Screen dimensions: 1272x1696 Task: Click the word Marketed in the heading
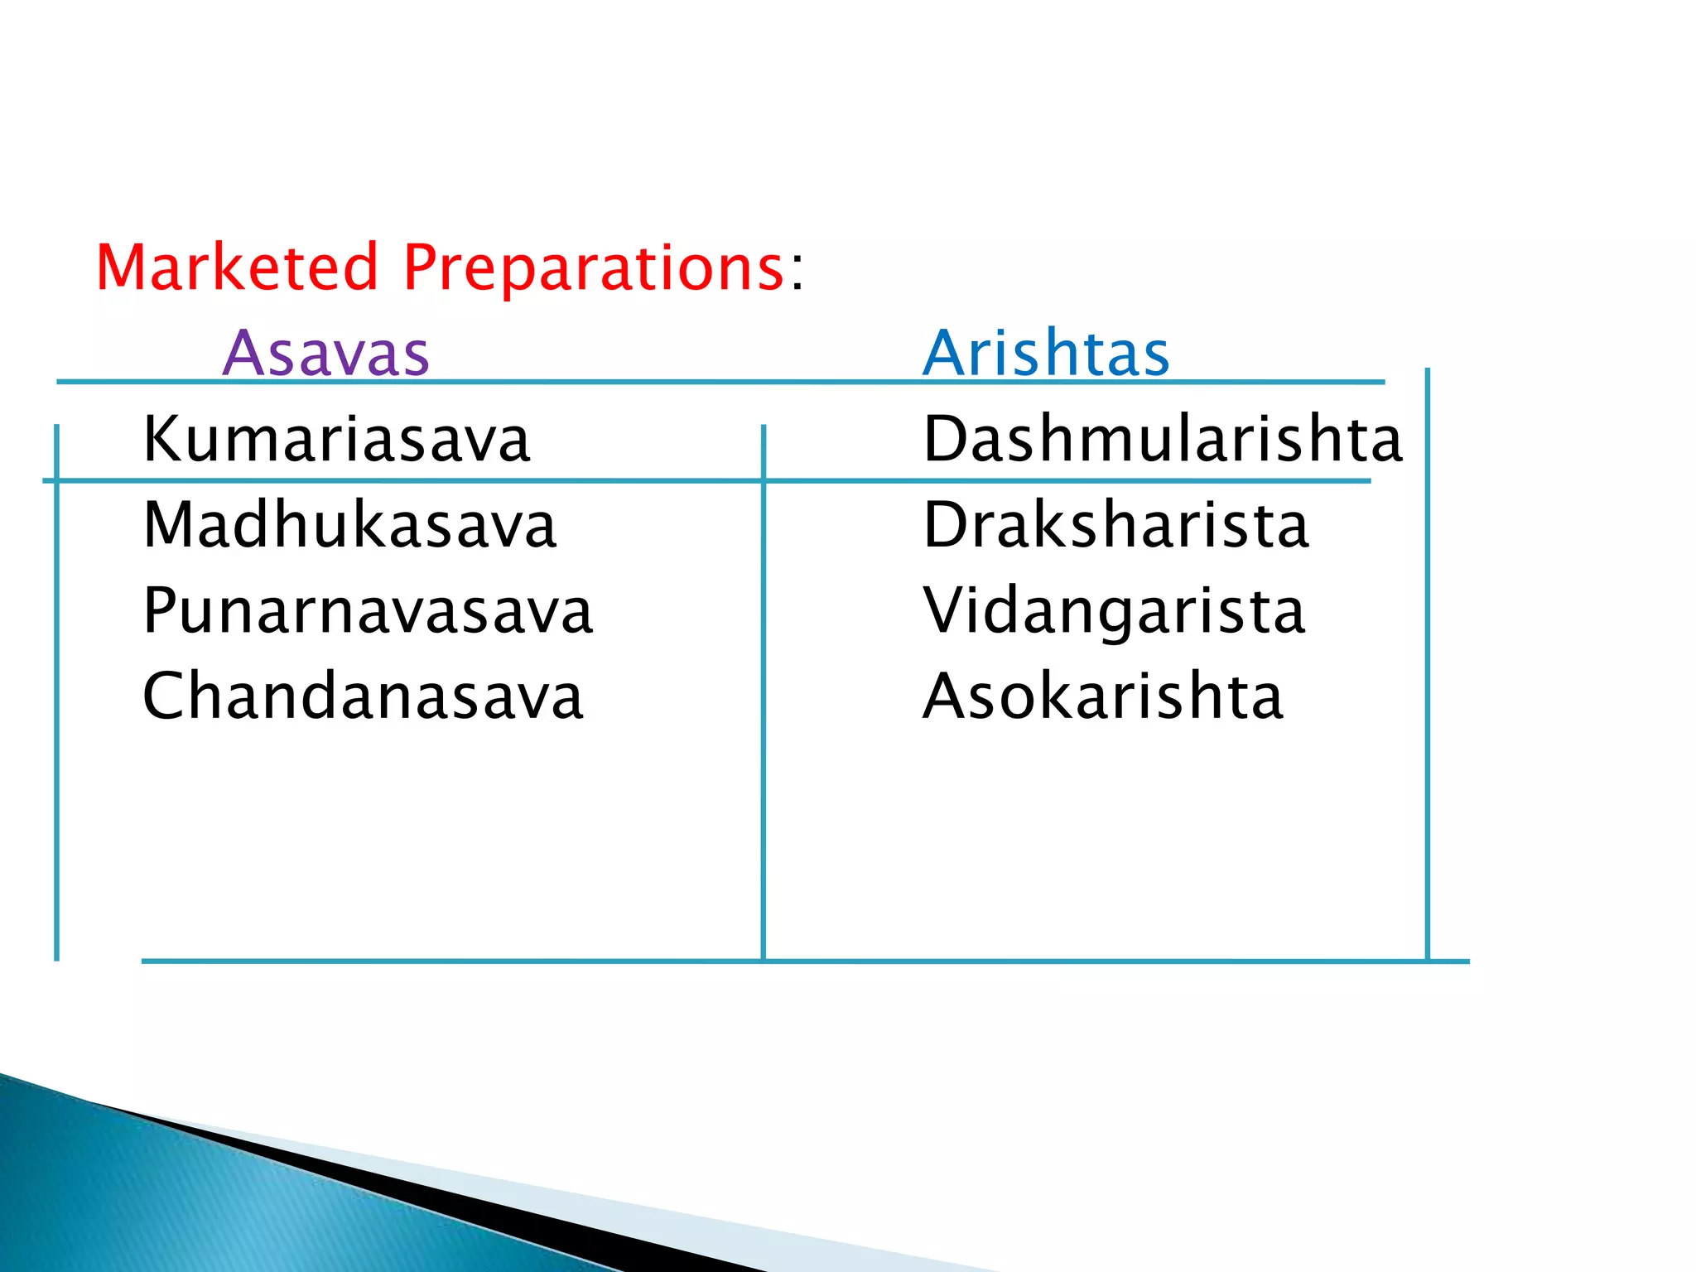pyautogui.click(x=237, y=267)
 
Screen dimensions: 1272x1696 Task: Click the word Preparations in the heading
pyautogui.click(x=594, y=269)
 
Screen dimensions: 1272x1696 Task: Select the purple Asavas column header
pyautogui.click(x=326, y=354)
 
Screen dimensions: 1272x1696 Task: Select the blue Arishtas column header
pyautogui.click(x=1046, y=354)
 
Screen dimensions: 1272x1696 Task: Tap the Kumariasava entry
pyautogui.click(x=336, y=439)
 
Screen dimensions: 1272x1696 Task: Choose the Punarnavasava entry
pyautogui.click(x=368, y=612)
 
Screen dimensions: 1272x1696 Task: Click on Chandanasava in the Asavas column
pyautogui.click(x=363, y=696)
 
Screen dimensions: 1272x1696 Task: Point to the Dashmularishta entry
pyautogui.click(x=1163, y=439)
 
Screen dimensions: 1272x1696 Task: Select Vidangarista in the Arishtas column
pyautogui.click(x=1114, y=611)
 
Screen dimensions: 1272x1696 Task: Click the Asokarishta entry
pyautogui.click(x=1102, y=696)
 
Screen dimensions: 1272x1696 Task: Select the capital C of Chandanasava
pyautogui.click(x=166, y=696)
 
